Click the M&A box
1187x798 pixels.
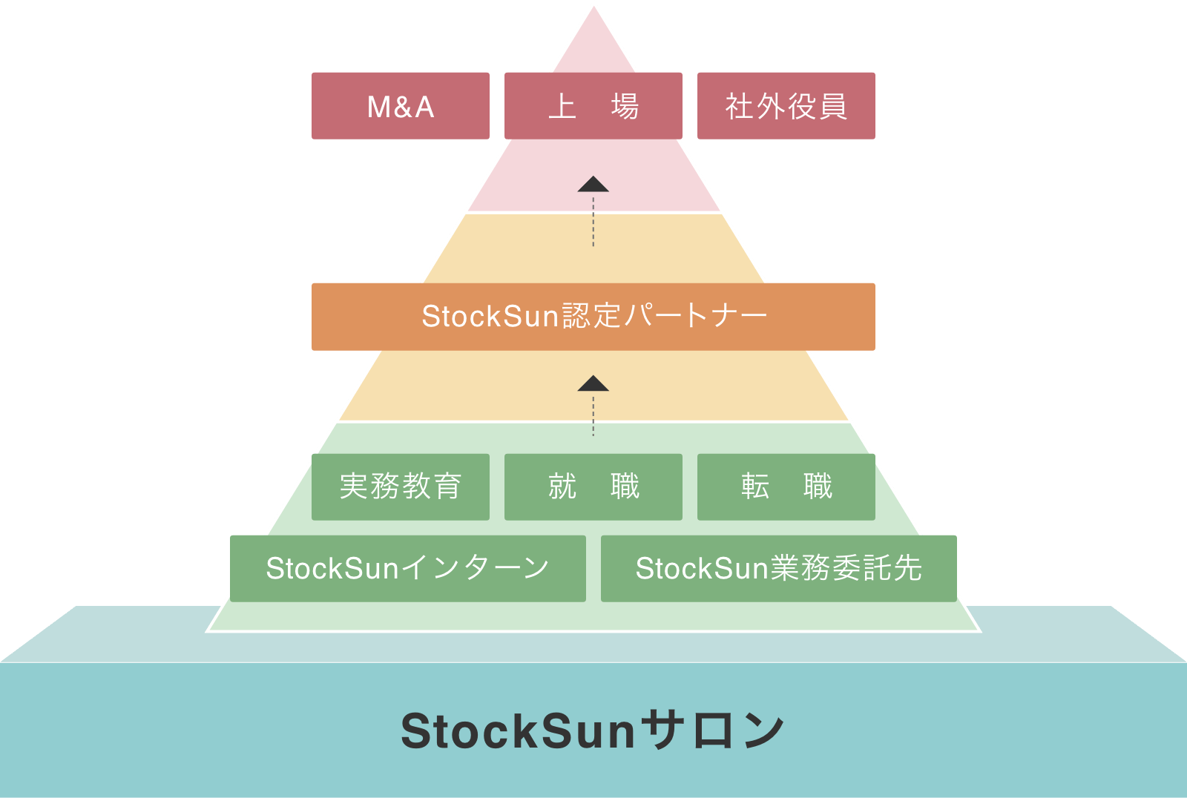pos(401,106)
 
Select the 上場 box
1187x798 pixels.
pos(593,106)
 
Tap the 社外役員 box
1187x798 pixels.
pos(786,106)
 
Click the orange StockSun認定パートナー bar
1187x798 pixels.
pos(593,317)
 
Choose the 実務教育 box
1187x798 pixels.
pos(401,487)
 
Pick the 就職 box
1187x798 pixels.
pos(593,487)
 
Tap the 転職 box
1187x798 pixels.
pos(786,487)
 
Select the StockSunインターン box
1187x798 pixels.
pos(408,568)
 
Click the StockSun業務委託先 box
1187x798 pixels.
pos(779,568)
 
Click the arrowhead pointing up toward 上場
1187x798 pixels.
pos(593,185)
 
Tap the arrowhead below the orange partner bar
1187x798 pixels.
pos(593,384)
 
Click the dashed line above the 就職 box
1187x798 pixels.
pos(593,417)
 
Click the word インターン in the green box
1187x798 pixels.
pos(475,568)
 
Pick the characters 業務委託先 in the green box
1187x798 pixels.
pos(846,568)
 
